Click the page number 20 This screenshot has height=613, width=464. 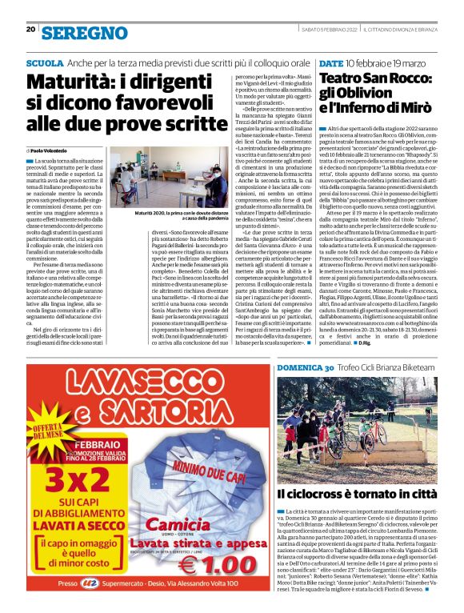[x=30, y=30]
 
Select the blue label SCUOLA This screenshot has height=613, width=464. [x=45, y=62]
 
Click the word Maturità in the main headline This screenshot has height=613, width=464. [x=67, y=82]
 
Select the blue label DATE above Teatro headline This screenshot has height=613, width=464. [x=331, y=62]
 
